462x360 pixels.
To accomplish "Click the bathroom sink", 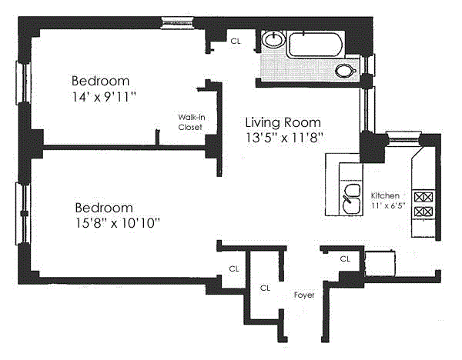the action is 273,39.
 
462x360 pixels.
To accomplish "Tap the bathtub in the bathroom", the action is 316,44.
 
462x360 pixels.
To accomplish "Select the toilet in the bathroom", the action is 345,71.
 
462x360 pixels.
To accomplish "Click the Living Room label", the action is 283,122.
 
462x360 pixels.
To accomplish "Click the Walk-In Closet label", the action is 192,122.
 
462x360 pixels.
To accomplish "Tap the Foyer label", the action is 304,295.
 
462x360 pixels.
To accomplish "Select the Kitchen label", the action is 385,195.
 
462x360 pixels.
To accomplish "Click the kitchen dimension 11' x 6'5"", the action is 387,205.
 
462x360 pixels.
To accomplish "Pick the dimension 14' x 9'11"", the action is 104,97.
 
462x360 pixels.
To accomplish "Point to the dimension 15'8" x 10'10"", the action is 118,223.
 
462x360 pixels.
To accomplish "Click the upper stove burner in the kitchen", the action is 423,197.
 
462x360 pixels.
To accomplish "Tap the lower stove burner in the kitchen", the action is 423,212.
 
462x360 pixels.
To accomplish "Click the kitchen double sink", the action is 352,199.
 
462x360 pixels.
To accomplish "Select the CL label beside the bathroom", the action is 236,42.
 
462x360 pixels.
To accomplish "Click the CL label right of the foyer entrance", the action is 345,259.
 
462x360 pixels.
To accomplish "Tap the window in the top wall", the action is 177,23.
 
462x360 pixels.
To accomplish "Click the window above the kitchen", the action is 402,138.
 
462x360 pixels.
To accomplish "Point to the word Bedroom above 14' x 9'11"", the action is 100,81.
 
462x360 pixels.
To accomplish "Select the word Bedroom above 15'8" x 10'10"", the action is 104,208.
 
